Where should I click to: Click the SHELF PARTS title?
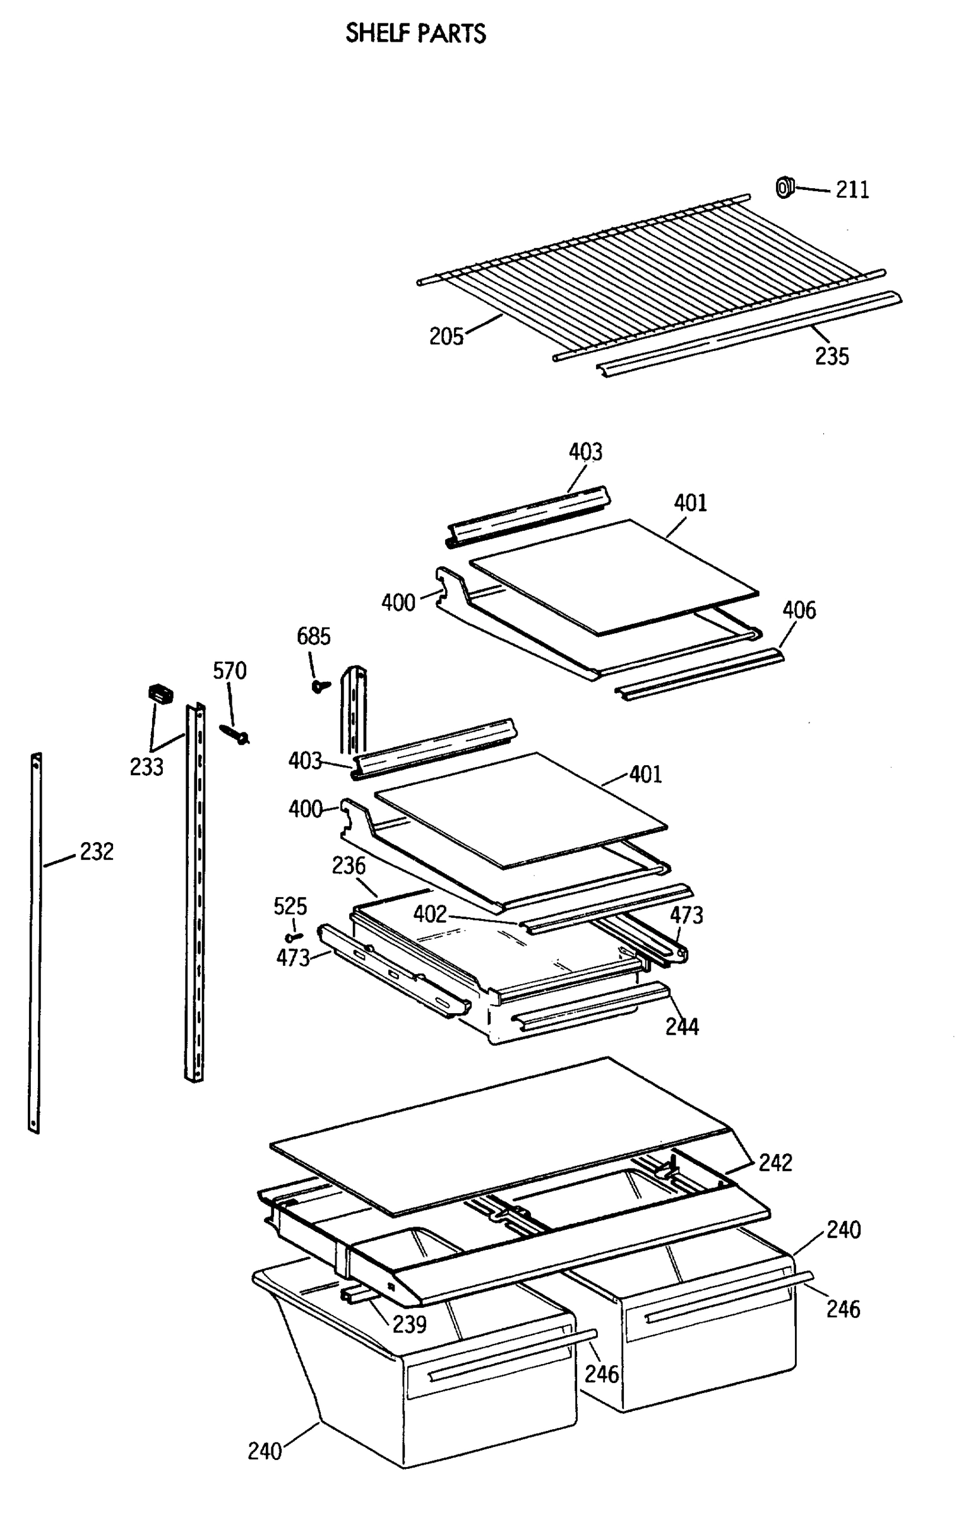pos(415,33)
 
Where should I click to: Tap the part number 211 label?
pos(852,189)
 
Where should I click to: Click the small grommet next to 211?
pos(784,187)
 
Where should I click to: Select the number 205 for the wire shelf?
pos(446,336)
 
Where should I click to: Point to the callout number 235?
pos(832,356)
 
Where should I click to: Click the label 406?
pos(799,610)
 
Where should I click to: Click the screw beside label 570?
pos(235,734)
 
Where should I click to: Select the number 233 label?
pos(146,767)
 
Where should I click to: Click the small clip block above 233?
pos(160,693)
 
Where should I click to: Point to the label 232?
pos(97,852)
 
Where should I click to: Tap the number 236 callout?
pos(349,865)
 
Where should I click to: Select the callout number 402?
pos(429,913)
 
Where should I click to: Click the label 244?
pos(682,1026)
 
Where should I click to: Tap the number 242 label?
pos(775,1162)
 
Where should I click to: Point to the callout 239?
pos(409,1324)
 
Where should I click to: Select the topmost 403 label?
pos(585,452)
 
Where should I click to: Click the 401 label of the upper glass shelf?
pos(690,502)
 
